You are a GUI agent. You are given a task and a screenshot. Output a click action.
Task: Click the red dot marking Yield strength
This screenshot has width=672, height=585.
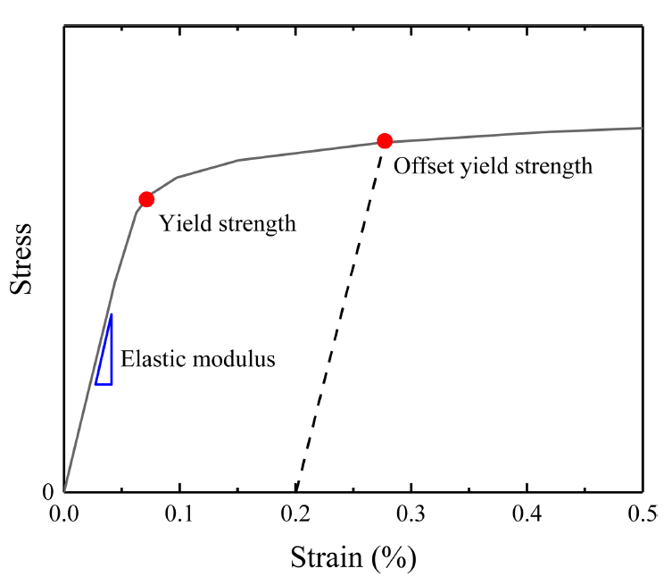coord(146,199)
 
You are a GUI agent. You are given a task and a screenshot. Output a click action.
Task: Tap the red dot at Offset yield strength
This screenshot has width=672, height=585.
coord(385,140)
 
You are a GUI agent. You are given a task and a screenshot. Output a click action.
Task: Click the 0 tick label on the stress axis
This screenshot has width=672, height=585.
coord(50,491)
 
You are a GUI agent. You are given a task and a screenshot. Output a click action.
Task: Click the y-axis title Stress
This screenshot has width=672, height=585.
coord(21,259)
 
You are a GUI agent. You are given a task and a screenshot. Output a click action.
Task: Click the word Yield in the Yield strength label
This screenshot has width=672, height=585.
coord(182,223)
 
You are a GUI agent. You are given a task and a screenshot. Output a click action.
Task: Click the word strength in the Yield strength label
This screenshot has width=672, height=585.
coord(254,223)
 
